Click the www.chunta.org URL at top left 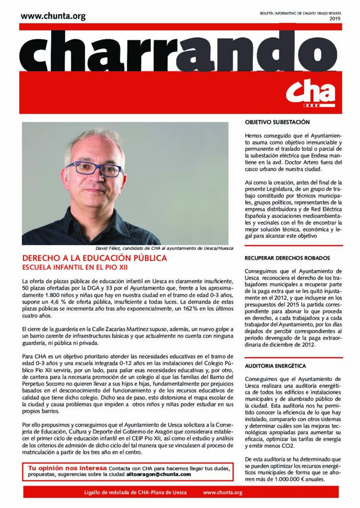(54, 16)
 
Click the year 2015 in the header (335, 19)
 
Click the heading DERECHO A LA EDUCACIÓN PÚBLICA (95, 258)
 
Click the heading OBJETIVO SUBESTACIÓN (277, 122)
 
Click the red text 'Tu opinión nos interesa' (67, 468)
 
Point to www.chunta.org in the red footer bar (223, 492)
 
